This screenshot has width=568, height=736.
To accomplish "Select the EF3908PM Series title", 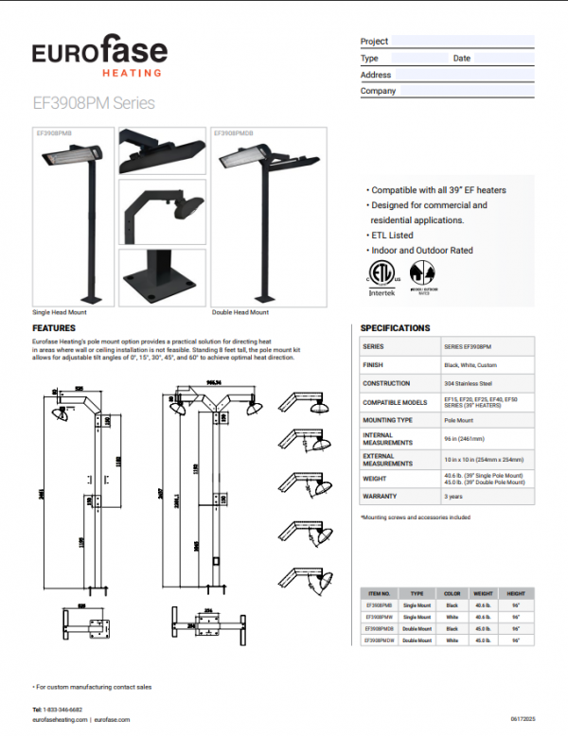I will tap(94, 103).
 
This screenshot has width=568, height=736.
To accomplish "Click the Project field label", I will tap(375, 42).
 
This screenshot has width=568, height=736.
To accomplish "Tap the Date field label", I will tap(461, 58).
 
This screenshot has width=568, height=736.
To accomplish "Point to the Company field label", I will tap(379, 91).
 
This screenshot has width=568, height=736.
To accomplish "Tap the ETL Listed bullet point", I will tap(392, 236).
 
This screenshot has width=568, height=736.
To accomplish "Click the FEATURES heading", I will tap(54, 327).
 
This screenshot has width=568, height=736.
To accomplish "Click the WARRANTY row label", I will tap(380, 496).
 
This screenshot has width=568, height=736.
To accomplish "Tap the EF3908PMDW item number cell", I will tap(382, 640).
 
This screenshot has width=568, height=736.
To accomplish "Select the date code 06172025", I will tap(522, 719).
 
